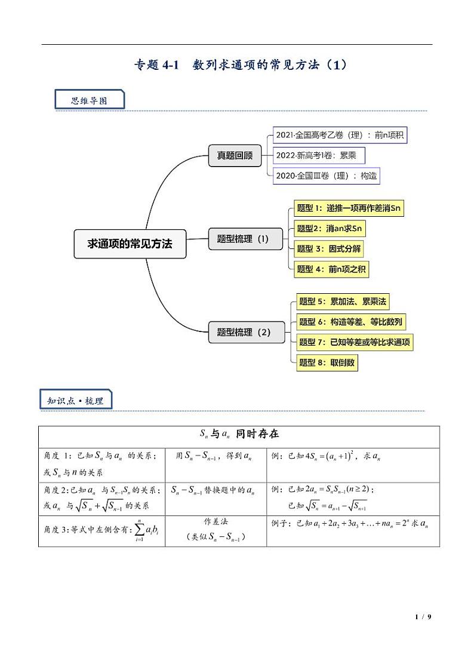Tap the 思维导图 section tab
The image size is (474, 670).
point(90,100)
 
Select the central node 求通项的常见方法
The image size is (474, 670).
point(130,244)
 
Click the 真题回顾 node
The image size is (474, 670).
point(230,156)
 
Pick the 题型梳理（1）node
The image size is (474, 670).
point(243,239)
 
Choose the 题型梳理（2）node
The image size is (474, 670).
point(244,332)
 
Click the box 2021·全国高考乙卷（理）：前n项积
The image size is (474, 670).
point(340,135)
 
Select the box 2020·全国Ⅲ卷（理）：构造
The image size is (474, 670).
point(326,176)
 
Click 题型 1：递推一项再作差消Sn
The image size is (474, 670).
point(349,208)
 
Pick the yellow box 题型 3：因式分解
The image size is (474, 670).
point(329,249)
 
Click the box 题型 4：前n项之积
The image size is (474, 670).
point(332,269)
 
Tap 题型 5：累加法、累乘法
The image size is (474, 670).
point(343,302)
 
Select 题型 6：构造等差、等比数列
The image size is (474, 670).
point(351,322)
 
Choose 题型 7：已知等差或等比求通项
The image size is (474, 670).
point(355,342)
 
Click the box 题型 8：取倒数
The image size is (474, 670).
point(327,362)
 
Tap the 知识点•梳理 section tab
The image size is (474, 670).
point(75,401)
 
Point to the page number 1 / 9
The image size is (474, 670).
point(423,617)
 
